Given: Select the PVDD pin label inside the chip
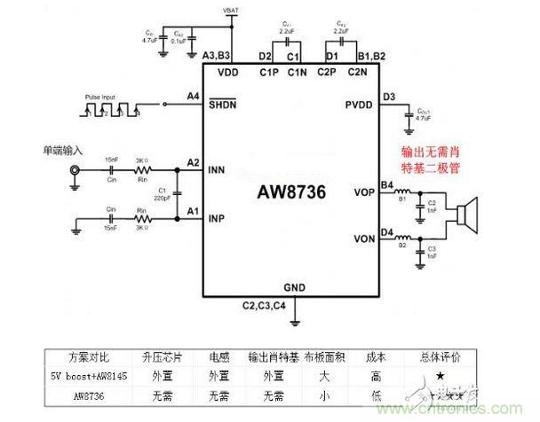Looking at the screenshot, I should pos(361,106).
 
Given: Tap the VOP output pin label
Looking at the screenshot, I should pos(365,192).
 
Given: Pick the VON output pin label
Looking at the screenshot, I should pos(365,239).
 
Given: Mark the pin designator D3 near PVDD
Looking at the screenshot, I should pos(388,97).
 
